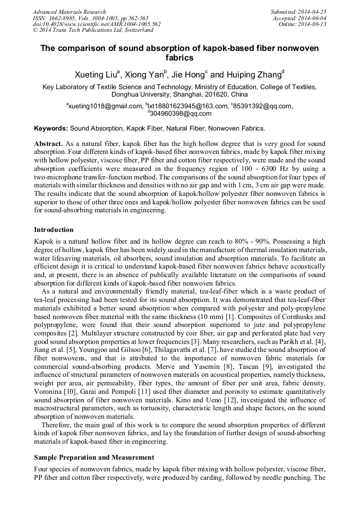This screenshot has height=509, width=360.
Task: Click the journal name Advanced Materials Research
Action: coord(69,12)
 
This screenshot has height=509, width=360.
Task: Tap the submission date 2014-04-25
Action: coord(312,12)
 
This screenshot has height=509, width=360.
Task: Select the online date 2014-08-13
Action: coord(312,24)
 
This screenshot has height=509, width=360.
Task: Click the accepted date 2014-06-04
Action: coord(312,18)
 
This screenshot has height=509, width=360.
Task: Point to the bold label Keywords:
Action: coord(51,128)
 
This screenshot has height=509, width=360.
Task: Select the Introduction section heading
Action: coord(54,230)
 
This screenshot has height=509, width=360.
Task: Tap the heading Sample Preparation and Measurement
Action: coord(94,457)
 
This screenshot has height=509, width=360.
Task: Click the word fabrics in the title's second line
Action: coord(179,58)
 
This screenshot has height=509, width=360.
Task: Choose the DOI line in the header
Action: coord(97,24)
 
